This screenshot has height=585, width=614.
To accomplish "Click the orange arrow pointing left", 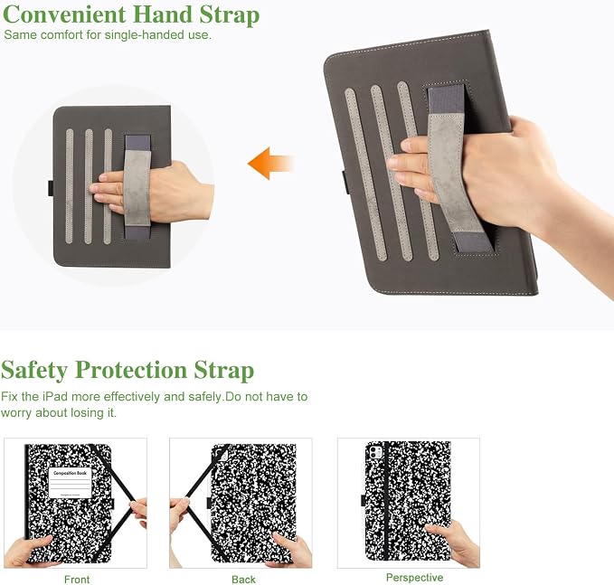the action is tap(270, 164).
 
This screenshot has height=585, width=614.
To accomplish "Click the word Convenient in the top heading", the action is tap(64, 14).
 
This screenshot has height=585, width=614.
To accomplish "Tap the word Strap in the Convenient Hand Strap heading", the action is tap(230, 15).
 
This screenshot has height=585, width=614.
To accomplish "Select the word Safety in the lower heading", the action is tap(34, 370).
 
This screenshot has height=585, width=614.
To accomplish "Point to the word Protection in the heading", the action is tap(131, 370).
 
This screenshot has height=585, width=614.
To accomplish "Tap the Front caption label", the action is tap(77, 580).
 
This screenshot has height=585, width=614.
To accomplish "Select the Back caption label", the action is tap(243, 580).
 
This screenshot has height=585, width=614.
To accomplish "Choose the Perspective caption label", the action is tap(414, 577).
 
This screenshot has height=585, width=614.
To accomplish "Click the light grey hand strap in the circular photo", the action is tap(137, 188).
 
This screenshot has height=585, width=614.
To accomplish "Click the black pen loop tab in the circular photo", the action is tap(51, 187).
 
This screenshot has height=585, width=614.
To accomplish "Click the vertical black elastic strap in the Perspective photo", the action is tap(386, 500).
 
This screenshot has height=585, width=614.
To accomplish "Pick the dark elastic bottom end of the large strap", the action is tap(471, 242).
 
